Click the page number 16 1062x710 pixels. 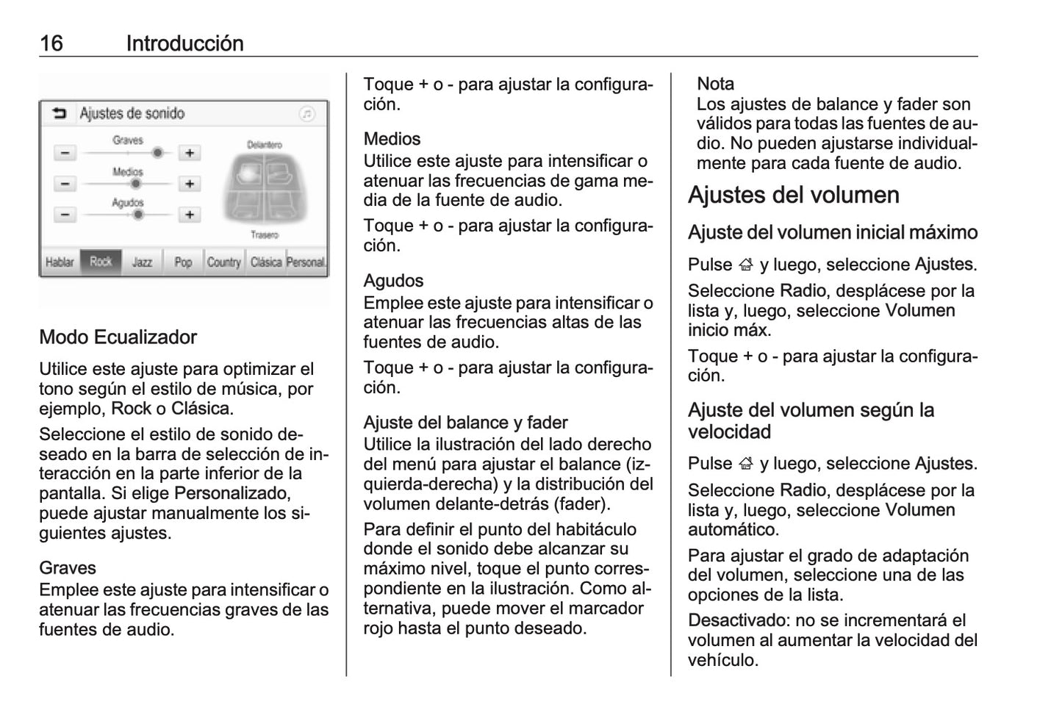coord(51,43)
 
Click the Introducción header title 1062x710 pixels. coord(184,43)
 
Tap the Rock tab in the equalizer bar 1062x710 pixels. coord(101,262)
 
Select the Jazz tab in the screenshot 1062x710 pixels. coord(142,262)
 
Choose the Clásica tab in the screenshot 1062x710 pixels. coord(266,262)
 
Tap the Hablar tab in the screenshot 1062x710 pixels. coord(60,262)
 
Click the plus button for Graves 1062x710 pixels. coord(190,153)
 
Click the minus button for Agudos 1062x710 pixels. coord(65,215)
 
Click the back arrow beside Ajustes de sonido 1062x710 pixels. coord(60,113)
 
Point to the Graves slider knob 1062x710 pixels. coord(157,153)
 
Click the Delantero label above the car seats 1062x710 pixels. coord(264,145)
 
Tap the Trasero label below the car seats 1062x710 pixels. coord(264,235)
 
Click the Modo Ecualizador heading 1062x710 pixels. coord(118,337)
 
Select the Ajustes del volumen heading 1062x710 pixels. coord(793,195)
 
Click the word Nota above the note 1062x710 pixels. coord(715,84)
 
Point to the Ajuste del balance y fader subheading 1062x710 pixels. coord(465,423)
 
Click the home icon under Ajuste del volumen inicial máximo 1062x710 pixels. coord(746,265)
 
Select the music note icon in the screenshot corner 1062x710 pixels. coord(307,114)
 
